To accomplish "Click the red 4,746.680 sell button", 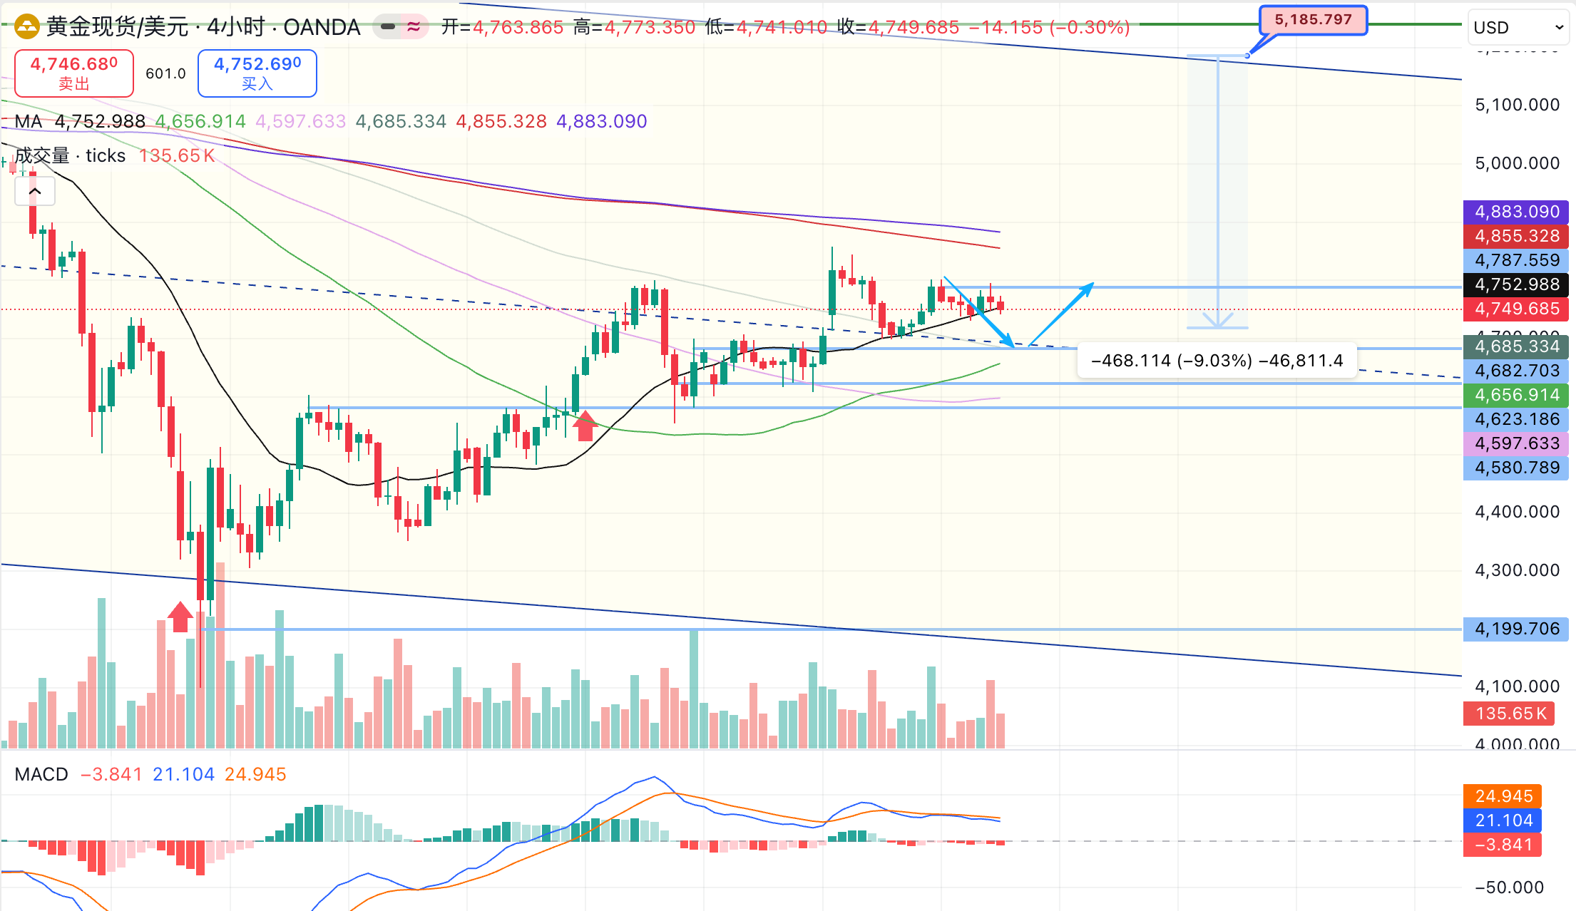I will [73, 73].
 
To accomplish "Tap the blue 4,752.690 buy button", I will [257, 73].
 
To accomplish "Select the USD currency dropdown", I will [1518, 28].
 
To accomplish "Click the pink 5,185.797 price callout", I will [1313, 20].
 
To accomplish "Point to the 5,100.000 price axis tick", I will [1517, 105].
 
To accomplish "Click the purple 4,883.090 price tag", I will [1516, 212].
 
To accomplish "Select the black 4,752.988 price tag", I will [1516, 284].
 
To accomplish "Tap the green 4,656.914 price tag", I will [1516, 395].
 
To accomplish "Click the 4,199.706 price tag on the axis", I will [1516, 629].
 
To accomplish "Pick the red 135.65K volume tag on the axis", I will [1510, 714].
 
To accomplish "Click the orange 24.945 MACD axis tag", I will [1503, 796].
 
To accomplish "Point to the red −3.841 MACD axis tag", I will [1503, 845].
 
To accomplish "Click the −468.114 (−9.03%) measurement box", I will [1217, 361].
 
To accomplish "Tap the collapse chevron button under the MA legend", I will [35, 192].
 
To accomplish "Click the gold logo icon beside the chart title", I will [27, 27].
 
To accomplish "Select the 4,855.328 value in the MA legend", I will [501, 122].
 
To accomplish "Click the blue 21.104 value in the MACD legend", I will [183, 774].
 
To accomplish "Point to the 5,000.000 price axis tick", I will [1517, 163].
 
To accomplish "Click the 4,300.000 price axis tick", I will [1517, 570].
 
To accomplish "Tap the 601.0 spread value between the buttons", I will [165, 73].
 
